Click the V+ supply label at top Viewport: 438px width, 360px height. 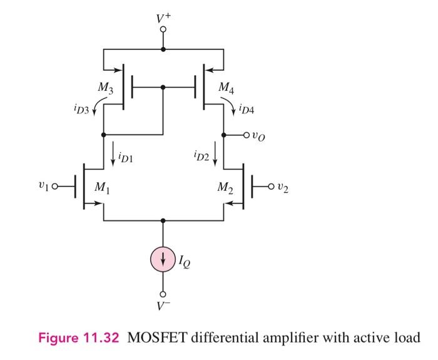point(163,18)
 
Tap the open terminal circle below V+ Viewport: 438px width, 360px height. point(163,29)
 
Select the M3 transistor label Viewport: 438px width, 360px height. point(105,89)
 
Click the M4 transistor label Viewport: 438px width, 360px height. point(227,89)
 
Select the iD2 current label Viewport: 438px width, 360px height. point(201,154)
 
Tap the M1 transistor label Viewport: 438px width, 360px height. point(101,187)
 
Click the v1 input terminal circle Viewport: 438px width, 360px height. point(54,186)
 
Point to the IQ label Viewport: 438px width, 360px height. point(186,262)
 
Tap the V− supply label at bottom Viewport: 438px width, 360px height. point(163,306)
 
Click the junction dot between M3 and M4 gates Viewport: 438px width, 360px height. point(163,88)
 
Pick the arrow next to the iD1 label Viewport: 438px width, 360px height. point(113,155)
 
